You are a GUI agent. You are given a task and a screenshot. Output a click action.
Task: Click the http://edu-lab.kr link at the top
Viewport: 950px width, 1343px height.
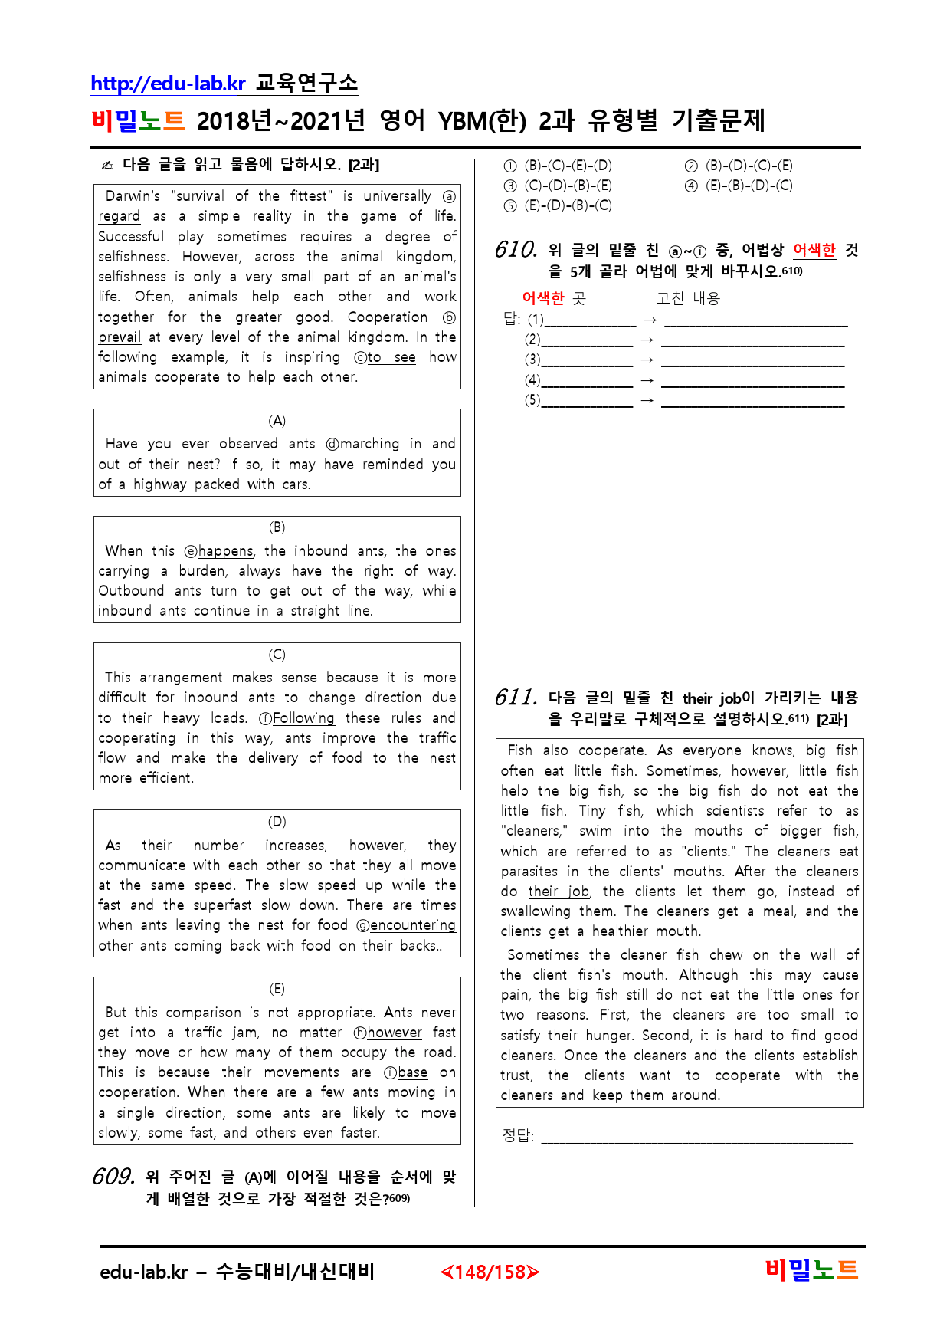(168, 84)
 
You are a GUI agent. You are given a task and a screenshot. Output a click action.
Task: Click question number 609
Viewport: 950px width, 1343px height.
(113, 1177)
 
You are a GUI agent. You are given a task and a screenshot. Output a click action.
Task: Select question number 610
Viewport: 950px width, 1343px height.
(516, 250)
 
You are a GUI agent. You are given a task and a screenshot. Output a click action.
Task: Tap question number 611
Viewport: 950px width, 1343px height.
(516, 698)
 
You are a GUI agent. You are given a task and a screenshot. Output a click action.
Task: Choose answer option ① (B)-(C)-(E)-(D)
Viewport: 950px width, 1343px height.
(558, 166)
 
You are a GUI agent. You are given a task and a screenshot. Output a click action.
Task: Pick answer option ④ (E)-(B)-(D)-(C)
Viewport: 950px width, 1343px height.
(739, 186)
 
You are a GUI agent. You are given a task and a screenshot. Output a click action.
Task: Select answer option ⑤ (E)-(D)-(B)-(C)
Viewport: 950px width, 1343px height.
(558, 205)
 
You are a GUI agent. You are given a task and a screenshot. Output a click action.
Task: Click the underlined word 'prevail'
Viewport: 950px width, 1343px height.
(120, 337)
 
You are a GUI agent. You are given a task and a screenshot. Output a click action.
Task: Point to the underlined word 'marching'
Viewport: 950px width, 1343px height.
(369, 444)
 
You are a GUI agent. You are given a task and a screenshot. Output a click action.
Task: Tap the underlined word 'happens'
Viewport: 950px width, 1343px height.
(225, 551)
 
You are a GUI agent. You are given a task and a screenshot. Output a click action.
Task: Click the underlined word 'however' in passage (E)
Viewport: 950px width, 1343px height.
(394, 1033)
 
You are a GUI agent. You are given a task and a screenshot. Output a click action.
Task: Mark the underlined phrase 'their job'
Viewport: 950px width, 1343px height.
(559, 892)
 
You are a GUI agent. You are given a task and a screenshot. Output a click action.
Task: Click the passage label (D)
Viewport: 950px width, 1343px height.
(277, 822)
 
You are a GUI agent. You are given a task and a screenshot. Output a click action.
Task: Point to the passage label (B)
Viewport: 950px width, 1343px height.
(277, 527)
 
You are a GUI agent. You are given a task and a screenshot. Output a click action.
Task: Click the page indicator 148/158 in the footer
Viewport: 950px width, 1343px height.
(490, 1272)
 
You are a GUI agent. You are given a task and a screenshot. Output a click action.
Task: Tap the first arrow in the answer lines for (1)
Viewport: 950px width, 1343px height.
(650, 320)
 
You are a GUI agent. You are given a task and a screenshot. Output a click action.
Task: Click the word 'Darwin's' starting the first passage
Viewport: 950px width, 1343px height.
(133, 196)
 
